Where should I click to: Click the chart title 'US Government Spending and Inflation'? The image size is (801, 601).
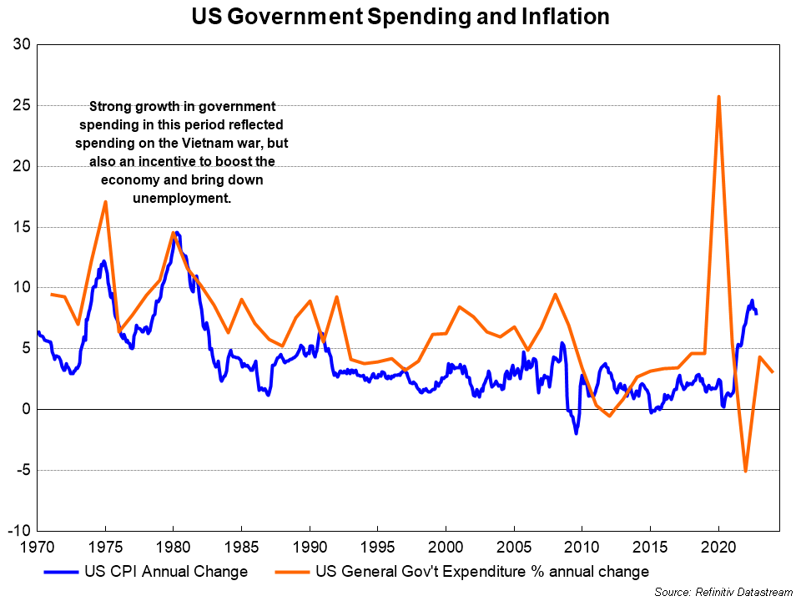click(x=400, y=17)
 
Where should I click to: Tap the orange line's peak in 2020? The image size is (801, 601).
click(x=718, y=97)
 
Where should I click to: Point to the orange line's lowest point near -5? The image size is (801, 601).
click(x=745, y=471)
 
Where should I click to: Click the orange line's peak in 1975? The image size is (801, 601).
click(x=105, y=201)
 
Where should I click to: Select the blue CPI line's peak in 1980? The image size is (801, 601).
click(x=177, y=233)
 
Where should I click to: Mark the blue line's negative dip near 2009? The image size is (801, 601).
click(x=576, y=433)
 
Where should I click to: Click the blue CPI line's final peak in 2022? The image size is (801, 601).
click(x=752, y=300)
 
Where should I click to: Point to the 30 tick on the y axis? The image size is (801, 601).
click(x=22, y=45)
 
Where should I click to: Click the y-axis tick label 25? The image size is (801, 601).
click(x=22, y=106)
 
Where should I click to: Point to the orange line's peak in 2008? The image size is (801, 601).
click(x=555, y=295)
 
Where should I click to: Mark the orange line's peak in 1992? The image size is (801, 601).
click(x=336, y=297)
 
